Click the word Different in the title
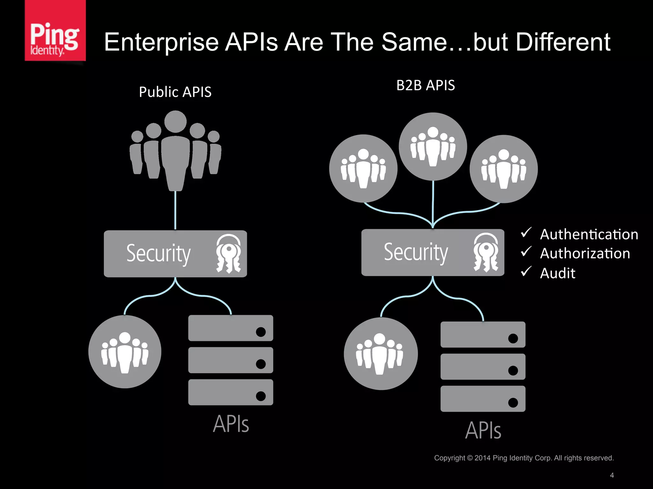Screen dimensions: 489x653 coord(563,42)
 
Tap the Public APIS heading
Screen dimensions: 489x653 coord(175,92)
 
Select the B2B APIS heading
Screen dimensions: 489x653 coord(425,85)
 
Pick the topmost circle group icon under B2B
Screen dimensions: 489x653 coord(433,146)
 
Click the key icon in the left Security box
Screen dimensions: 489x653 coord(228,254)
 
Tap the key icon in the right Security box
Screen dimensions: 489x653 coord(486,252)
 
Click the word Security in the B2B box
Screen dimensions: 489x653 coord(416,252)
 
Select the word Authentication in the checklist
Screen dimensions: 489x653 coord(589,234)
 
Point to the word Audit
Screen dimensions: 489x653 coord(558,273)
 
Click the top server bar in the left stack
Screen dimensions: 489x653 coord(231,328)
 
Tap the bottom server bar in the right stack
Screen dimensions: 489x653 coord(483,399)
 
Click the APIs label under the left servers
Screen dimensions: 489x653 coord(231,424)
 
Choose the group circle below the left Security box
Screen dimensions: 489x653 coord(125,352)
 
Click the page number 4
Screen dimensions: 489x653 coord(612,475)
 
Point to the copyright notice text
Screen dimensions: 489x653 coord(524,458)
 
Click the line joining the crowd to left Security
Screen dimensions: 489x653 coord(175,210)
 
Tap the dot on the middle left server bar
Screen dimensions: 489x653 coord(261,364)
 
